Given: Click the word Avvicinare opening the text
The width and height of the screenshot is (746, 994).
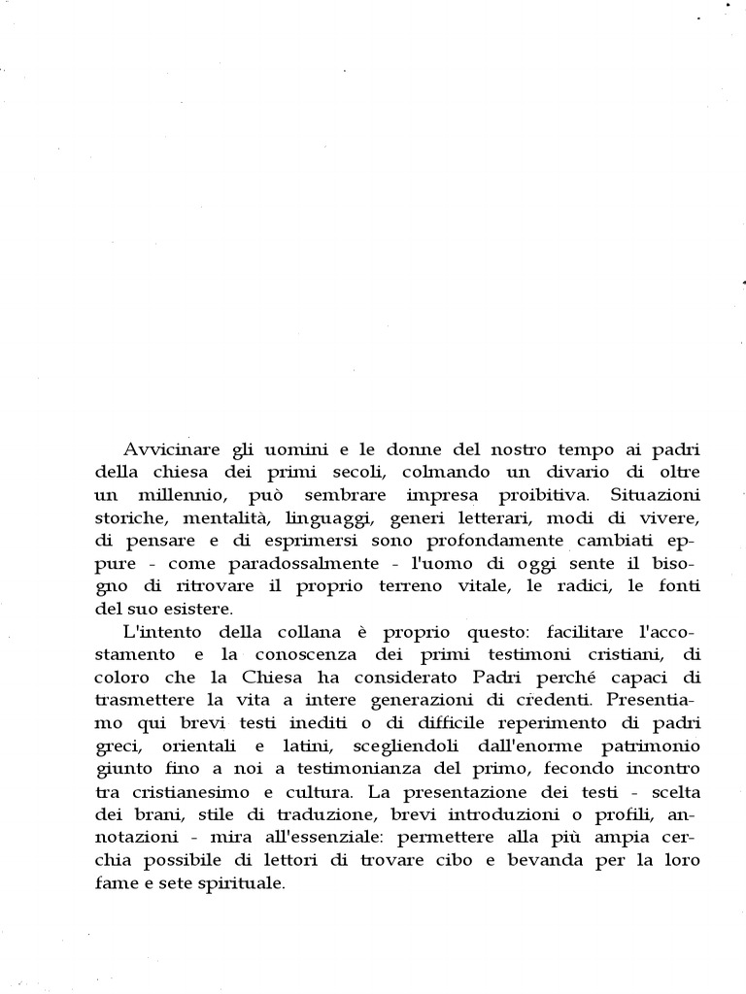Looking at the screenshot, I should tap(171, 450).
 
